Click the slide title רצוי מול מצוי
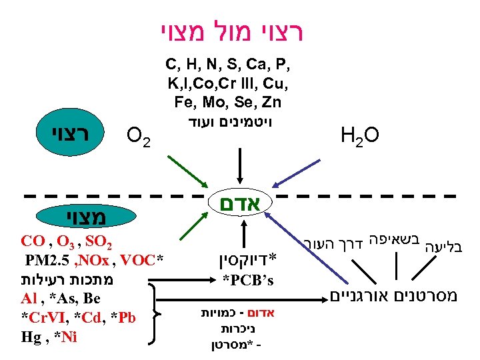pos(232,31)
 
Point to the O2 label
pos(138,139)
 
